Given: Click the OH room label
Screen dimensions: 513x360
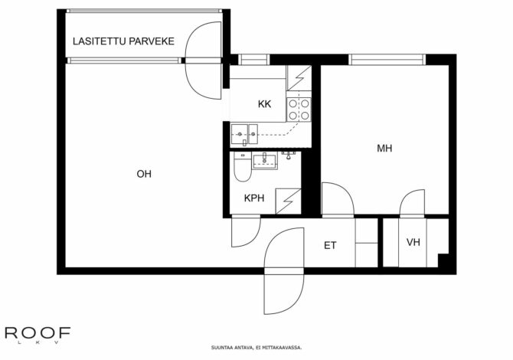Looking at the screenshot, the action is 144,174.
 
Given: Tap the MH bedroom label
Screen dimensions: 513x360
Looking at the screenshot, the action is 384,149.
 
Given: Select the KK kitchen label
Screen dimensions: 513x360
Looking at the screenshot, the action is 264,104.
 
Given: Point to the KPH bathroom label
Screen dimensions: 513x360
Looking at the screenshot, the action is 254,198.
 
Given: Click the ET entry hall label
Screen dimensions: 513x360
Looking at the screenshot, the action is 330,245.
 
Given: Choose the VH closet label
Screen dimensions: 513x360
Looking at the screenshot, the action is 413,242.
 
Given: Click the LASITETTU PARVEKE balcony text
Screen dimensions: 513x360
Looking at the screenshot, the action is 123,41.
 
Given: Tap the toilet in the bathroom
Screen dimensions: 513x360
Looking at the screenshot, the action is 243,167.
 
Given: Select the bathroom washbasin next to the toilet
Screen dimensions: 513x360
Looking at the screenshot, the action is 265,161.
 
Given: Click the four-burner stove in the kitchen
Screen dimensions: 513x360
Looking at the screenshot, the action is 299,110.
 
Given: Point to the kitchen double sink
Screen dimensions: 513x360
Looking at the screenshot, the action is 244,134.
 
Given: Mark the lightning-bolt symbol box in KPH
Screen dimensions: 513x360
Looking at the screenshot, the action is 288,201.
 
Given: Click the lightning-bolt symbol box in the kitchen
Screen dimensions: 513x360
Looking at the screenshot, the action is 299,78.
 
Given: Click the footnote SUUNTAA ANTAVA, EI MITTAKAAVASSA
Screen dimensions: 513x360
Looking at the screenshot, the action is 256,348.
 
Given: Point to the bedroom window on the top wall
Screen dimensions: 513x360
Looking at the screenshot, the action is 387,60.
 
